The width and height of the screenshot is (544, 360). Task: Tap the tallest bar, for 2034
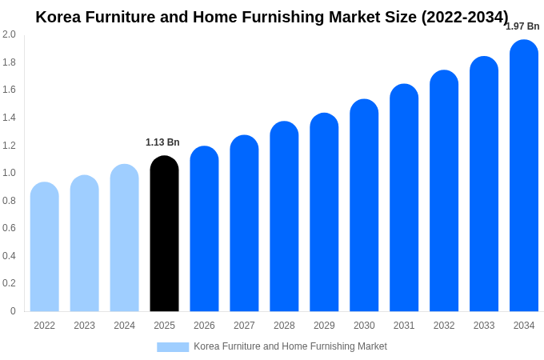(524, 176)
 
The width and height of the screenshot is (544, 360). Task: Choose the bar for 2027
(244, 223)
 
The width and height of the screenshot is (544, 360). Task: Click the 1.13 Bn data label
(162, 142)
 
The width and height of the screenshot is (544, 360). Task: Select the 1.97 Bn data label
(522, 26)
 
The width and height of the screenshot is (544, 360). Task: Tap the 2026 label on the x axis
(204, 326)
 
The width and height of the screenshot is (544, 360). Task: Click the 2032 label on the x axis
(444, 326)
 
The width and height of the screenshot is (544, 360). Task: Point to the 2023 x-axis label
(84, 326)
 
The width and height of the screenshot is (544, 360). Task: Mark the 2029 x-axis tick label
(324, 326)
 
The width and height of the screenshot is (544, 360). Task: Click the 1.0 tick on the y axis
(9, 173)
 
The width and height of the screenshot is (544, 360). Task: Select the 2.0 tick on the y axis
(9, 34)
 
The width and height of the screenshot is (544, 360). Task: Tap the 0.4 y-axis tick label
(9, 256)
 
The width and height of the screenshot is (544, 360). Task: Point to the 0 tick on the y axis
(13, 311)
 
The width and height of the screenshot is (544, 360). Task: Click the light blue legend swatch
(173, 347)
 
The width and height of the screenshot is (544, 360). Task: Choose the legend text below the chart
(290, 346)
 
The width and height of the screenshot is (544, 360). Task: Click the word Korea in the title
(57, 17)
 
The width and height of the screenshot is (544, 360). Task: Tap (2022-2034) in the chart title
(465, 17)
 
